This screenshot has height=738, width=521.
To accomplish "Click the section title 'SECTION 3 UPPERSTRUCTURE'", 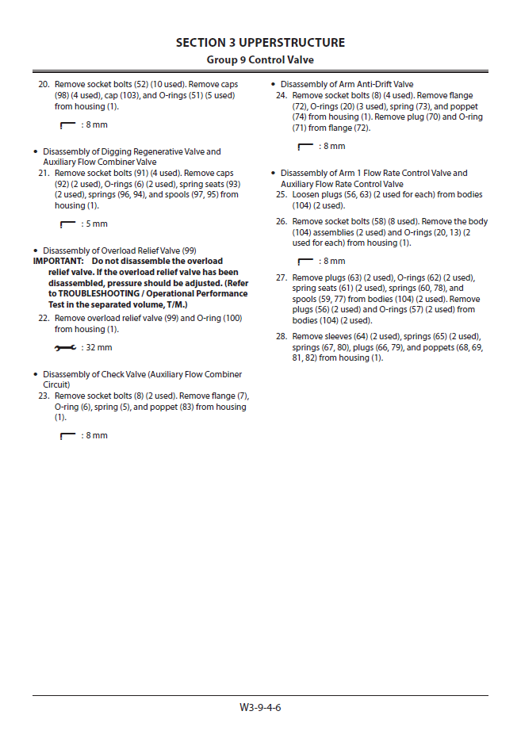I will [x=260, y=43].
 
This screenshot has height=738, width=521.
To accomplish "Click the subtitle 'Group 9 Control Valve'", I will [x=260, y=59].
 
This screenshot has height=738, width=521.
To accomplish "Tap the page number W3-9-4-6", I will [x=260, y=707].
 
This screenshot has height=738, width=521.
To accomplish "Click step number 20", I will [x=44, y=85].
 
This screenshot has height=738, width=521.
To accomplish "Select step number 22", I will [x=44, y=319].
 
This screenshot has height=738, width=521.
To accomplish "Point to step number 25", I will [x=282, y=195].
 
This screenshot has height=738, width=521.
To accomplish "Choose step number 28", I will [x=282, y=337].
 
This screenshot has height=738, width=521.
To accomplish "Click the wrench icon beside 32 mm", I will [x=67, y=348].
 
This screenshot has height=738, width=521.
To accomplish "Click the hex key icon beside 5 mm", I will [x=67, y=224].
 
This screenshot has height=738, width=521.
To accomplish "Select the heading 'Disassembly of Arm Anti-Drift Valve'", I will [x=347, y=85].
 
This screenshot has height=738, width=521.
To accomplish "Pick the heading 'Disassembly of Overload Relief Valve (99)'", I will [x=119, y=250].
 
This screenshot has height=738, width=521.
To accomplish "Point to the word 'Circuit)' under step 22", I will [x=57, y=385].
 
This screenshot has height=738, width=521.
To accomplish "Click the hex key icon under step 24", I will [x=305, y=147].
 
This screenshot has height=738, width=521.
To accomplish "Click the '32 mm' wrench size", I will [x=98, y=348].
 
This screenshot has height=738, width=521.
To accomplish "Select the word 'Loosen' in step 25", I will [x=305, y=195].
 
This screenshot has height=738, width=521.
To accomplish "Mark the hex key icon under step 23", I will [x=67, y=436].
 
